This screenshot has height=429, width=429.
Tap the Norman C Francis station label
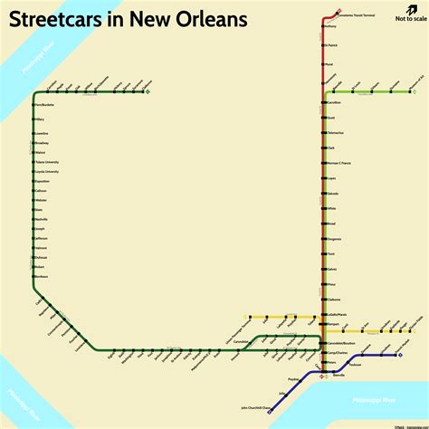click(341, 161)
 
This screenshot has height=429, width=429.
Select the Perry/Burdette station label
click(44, 106)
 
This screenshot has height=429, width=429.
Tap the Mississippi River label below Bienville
click(374, 399)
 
